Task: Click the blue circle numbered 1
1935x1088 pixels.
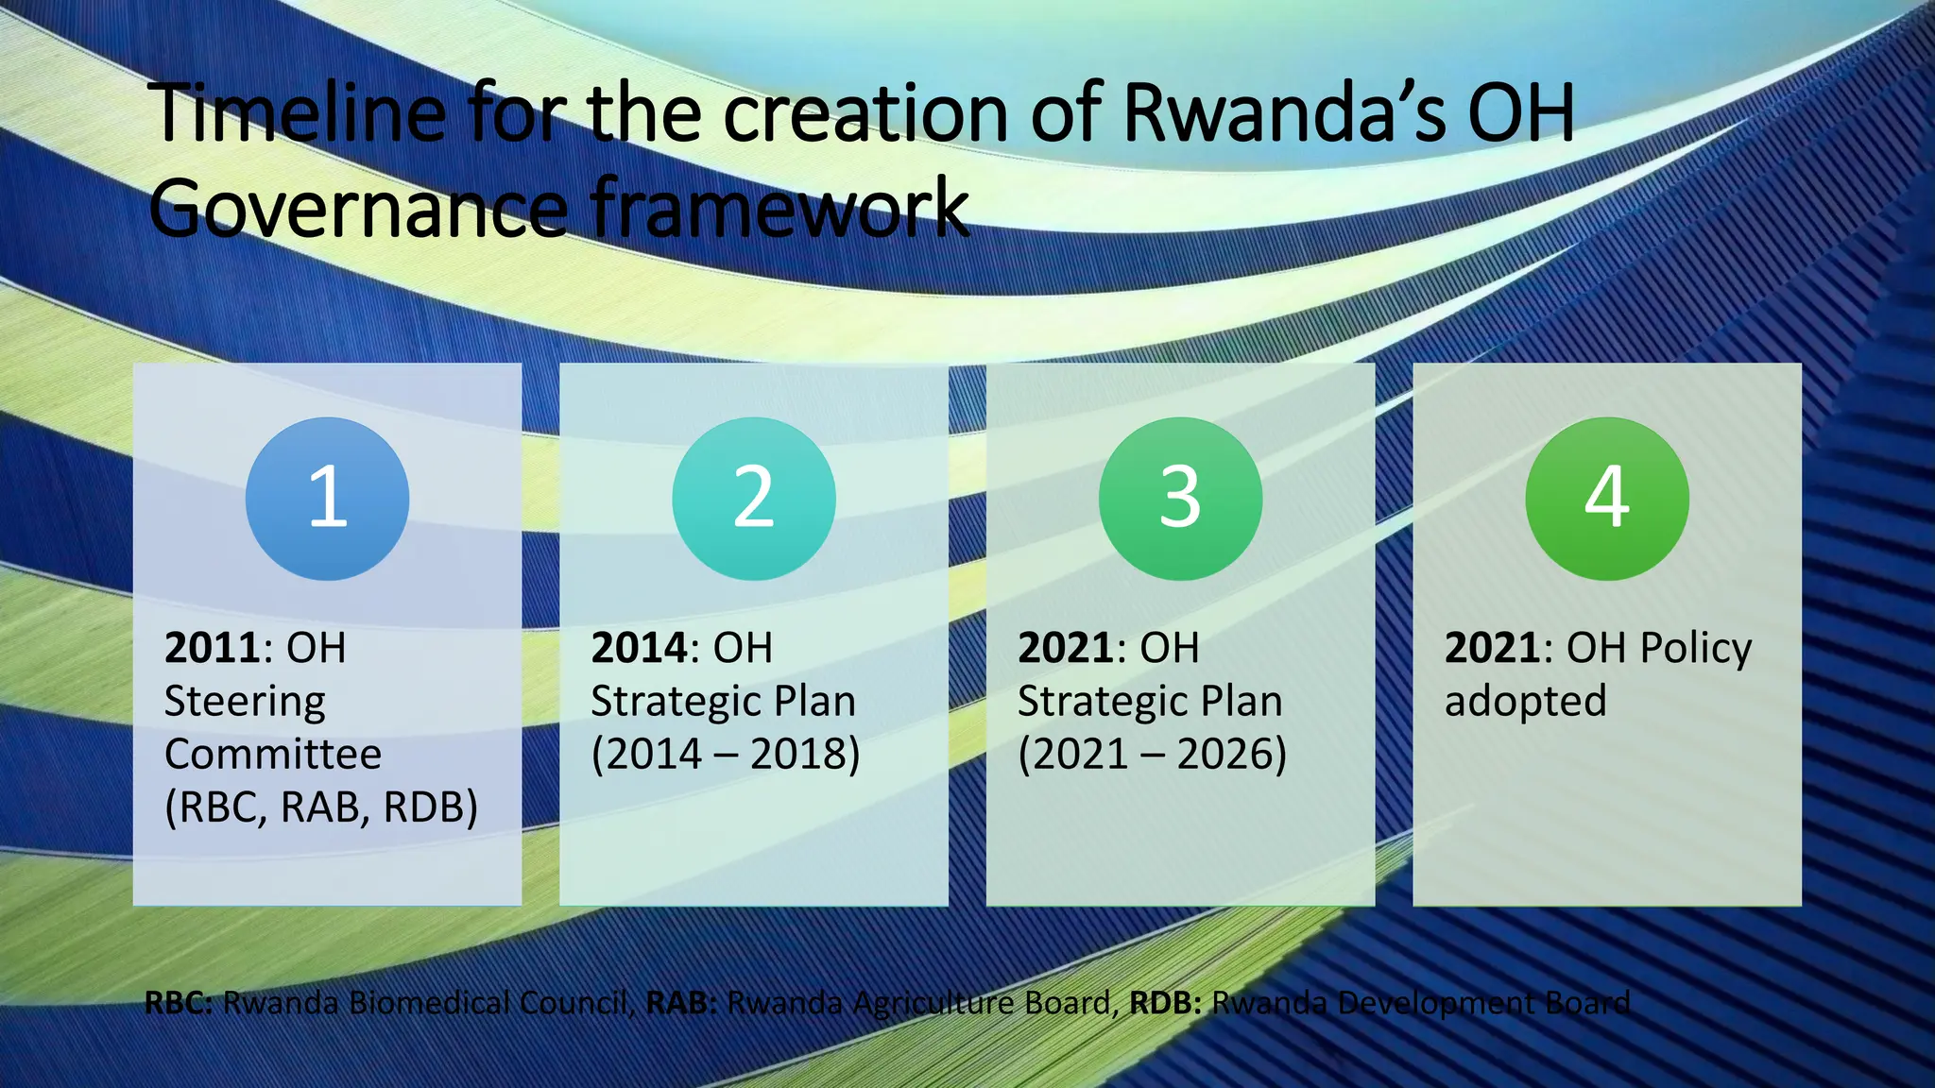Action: click(327, 499)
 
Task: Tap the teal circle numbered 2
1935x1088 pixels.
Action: click(753, 499)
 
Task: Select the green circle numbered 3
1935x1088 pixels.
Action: click(1180, 499)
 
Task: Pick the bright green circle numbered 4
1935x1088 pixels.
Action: click(1606, 499)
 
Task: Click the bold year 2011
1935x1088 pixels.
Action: click(213, 648)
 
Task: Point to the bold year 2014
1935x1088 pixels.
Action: click(640, 648)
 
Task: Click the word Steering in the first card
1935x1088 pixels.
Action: click(245, 702)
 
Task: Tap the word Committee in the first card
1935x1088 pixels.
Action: click(273, 755)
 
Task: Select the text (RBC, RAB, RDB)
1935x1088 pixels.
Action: click(321, 807)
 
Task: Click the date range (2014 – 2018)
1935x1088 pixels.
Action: click(726, 755)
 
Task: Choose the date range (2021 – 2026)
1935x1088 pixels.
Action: click(1152, 755)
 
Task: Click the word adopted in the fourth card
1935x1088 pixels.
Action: click(1525, 702)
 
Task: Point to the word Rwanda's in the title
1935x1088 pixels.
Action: click(1285, 113)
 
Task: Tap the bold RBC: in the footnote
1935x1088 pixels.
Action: click(179, 1002)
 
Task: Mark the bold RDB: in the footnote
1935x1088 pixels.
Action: click(1165, 1002)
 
